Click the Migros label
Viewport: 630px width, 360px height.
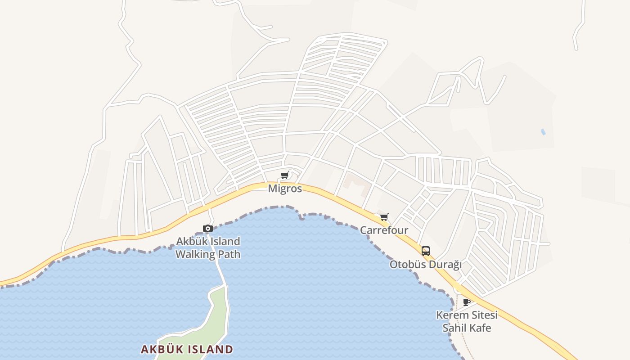click(285, 188)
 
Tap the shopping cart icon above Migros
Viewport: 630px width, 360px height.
click(284, 175)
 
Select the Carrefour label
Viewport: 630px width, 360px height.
click(384, 230)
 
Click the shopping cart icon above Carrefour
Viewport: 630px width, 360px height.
click(384, 217)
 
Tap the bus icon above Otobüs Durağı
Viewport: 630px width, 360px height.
click(425, 251)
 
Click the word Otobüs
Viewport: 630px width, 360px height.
click(407, 265)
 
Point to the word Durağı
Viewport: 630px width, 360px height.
click(445, 265)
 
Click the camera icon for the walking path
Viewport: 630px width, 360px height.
click(207, 228)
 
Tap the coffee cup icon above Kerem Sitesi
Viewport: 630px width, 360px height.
click(467, 302)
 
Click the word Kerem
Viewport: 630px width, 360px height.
click(451, 315)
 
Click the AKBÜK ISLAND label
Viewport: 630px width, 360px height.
click(187, 349)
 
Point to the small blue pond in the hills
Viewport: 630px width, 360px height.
click(543, 132)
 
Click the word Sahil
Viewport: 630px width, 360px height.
click(455, 328)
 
